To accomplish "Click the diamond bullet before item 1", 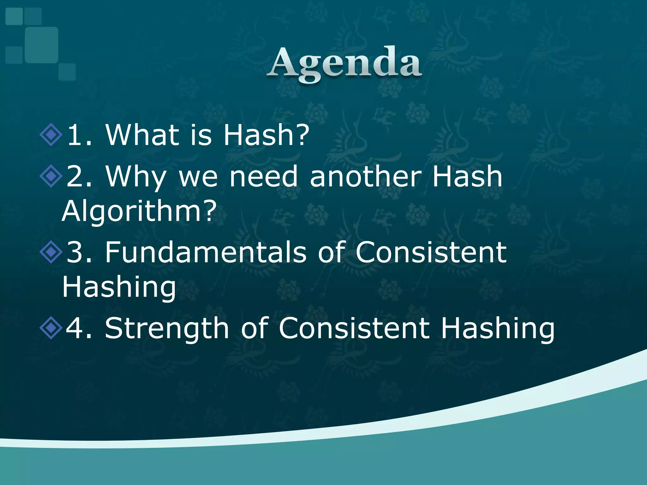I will tap(51, 135).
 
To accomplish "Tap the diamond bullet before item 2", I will tap(51, 176).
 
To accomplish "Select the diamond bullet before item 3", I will tap(51, 252).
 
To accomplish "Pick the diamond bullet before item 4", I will tap(51, 328).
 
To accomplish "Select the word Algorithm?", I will tap(139, 212).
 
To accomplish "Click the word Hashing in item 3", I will tap(119, 287).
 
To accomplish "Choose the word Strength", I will tap(167, 329).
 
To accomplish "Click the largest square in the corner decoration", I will tap(41, 45).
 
